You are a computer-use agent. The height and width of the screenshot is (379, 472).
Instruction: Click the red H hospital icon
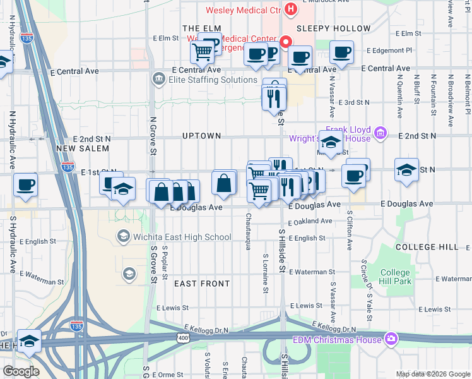tap(291, 9)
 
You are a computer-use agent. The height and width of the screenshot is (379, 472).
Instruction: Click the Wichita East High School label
tap(181, 237)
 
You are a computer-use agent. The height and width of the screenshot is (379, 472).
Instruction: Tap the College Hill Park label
tap(396, 277)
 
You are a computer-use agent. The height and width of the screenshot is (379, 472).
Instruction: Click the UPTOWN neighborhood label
tap(201, 136)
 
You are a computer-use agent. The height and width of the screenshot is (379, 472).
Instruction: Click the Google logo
tap(21, 371)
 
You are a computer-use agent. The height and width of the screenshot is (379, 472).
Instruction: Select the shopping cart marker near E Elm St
tap(202, 51)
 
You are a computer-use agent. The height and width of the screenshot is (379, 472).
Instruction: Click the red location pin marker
tap(285, 42)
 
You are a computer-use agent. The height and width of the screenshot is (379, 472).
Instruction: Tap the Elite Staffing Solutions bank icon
tap(158, 80)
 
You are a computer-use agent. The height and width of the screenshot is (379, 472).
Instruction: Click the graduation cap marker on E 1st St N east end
tap(406, 170)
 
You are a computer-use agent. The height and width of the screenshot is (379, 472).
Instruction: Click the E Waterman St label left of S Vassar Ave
tap(307, 272)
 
